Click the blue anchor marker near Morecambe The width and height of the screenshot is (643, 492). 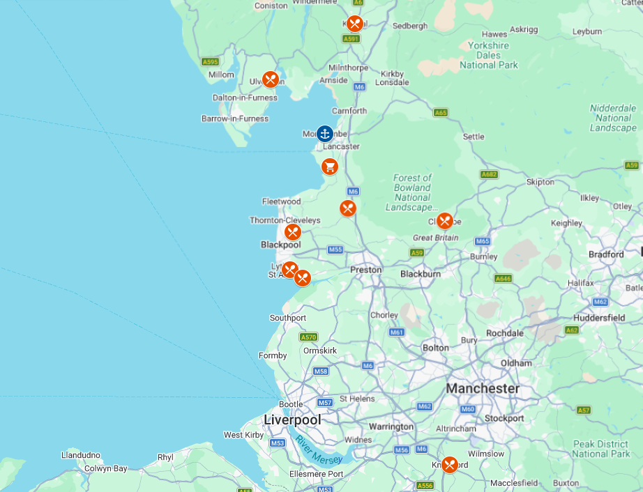point(324,133)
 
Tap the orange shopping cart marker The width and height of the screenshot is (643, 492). point(330,167)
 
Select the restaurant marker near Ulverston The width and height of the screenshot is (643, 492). point(271,79)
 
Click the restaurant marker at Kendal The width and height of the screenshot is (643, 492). point(354,24)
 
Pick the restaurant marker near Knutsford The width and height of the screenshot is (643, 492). point(449,464)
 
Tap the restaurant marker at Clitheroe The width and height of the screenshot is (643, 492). point(444,221)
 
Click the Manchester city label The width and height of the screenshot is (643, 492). point(483,388)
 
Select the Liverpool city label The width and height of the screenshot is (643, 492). point(292,420)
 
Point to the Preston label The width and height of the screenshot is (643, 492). point(365,270)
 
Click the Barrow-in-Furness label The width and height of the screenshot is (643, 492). point(235,118)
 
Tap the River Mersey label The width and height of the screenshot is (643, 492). point(318,450)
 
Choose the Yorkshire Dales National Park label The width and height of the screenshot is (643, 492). point(489,55)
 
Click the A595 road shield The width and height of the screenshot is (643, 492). point(211,62)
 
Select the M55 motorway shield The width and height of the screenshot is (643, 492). point(335,249)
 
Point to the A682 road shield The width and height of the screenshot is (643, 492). point(489,174)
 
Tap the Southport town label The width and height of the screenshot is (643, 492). point(288,318)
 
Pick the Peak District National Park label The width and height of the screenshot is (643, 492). point(600,449)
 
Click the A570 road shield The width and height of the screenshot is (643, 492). point(309,337)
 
